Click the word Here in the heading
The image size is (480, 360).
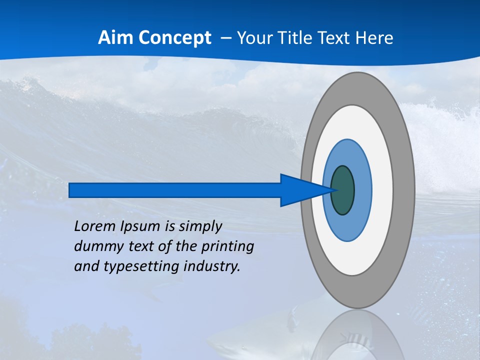[374, 37]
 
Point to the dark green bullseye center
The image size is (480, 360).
[342, 190]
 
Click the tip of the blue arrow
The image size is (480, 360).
[335, 190]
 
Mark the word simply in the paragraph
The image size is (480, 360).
[200, 227]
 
